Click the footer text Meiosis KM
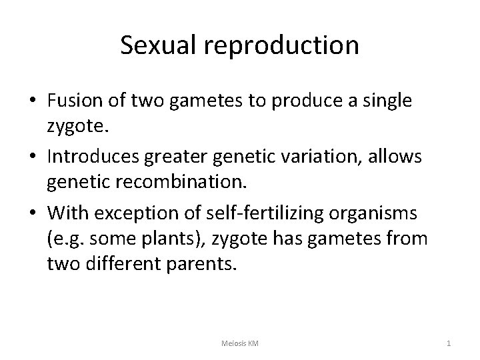(x=240, y=343)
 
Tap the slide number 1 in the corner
(x=449, y=343)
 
